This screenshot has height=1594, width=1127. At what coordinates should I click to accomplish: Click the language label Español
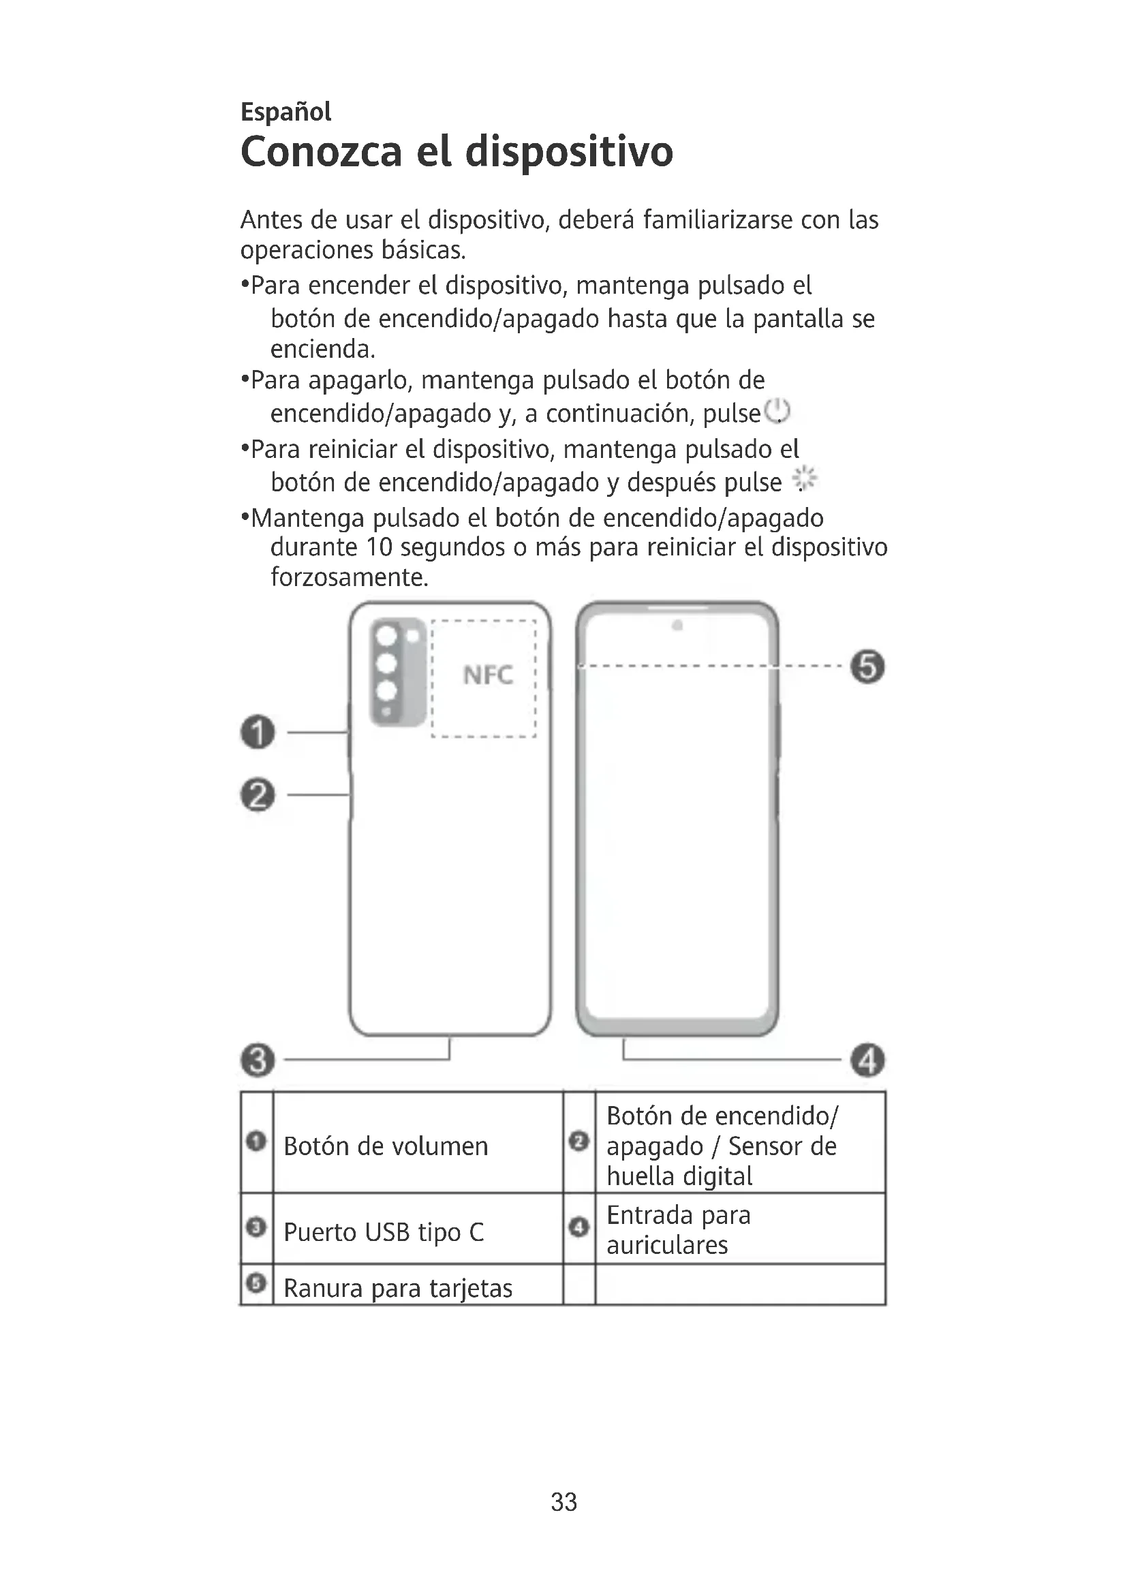285,112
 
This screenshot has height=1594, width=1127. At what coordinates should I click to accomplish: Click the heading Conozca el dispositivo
456,152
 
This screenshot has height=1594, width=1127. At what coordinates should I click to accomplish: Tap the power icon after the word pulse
777,412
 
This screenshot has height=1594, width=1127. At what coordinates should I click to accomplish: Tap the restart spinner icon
804,479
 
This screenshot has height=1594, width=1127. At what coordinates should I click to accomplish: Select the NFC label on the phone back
488,675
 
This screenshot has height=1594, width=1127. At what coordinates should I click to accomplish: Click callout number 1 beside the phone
258,732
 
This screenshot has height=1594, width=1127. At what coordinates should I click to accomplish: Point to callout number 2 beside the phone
258,795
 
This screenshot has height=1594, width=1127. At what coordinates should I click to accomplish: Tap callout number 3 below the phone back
258,1060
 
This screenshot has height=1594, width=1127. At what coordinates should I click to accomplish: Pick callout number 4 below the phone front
867,1060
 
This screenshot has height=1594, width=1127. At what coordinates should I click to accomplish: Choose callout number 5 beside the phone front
867,666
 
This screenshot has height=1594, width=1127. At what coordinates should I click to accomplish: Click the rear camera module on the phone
397,671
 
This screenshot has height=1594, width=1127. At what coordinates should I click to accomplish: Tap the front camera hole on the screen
677,626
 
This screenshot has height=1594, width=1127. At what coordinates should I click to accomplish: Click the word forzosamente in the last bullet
348,577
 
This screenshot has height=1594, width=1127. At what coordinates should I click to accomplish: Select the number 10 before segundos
380,547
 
